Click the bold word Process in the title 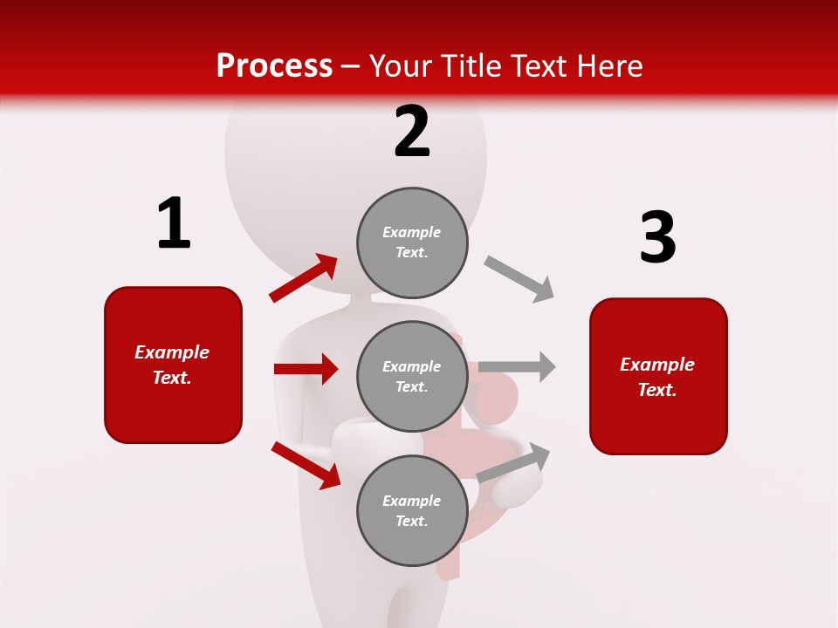pyautogui.click(x=274, y=65)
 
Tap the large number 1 pyautogui.click(x=174, y=223)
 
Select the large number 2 pyautogui.click(x=412, y=132)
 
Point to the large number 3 pyautogui.click(x=657, y=238)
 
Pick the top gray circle pyautogui.click(x=412, y=242)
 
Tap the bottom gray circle pyautogui.click(x=412, y=511)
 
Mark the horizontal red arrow pyautogui.click(x=306, y=369)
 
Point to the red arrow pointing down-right pyautogui.click(x=306, y=465)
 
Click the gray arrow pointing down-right pyautogui.click(x=519, y=279)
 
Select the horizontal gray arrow pyautogui.click(x=517, y=366)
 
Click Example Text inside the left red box pyautogui.click(x=172, y=365)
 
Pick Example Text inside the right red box pyautogui.click(x=657, y=377)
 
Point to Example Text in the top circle pyautogui.click(x=412, y=242)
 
